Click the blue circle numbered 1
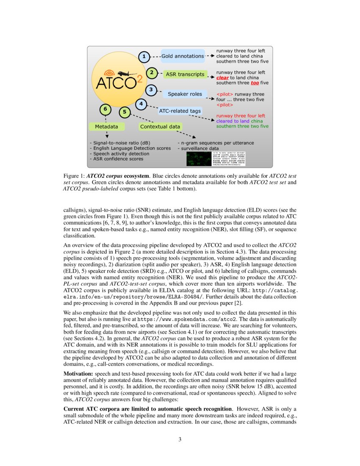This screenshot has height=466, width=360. pyautogui.click(x=144, y=56)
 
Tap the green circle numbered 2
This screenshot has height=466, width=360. pyautogui.click(x=152, y=73)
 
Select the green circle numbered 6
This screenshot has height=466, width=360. pyautogui.click(x=105, y=109)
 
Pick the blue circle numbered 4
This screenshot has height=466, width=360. pyautogui.click(x=141, y=104)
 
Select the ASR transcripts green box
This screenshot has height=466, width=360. pyautogui.click(x=185, y=75)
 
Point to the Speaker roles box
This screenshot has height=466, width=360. pyautogui.click(x=185, y=94)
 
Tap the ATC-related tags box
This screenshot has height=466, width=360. pyautogui.click(x=180, y=111)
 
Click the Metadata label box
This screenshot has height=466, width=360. pyautogui.click(x=106, y=126)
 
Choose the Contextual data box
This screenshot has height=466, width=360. pyautogui.click(x=160, y=126)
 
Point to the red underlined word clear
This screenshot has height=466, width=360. pyautogui.click(x=222, y=78)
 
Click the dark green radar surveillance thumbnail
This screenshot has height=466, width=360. pyautogui.click(x=198, y=159)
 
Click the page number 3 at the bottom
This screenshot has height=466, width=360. pyautogui.click(x=180, y=439)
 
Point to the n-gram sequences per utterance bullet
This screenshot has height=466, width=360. pyautogui.click(x=216, y=143)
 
